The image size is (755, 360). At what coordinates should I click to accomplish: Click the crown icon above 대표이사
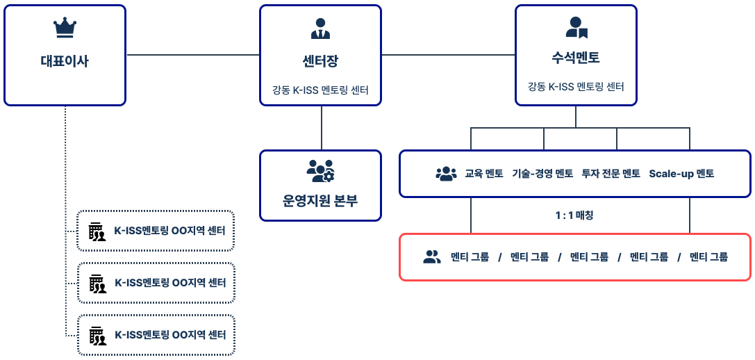coord(65,28)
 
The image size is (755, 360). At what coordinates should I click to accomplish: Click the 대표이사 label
coord(65,61)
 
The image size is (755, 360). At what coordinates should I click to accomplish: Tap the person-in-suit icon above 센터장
coord(320,28)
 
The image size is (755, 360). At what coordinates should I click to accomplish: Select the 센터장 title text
coord(320,61)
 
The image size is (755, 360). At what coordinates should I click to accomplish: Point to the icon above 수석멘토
coord(576,28)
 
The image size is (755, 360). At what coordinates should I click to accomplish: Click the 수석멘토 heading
coord(576,57)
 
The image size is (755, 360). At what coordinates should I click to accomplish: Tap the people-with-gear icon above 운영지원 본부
coord(320,171)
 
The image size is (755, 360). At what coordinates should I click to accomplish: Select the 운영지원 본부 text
coord(320,202)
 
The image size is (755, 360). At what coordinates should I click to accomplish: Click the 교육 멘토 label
coord(484,174)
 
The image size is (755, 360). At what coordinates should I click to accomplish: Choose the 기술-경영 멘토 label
coord(542,174)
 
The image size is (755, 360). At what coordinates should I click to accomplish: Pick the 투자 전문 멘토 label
coord(611,174)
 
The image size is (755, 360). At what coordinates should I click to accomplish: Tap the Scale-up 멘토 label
coord(681,174)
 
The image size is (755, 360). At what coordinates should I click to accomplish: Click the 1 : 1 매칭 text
coord(574,215)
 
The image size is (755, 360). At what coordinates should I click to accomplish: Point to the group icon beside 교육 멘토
coord(445,174)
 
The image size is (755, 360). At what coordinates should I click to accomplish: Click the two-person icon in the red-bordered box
coord(432,257)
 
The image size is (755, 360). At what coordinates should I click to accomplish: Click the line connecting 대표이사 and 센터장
coord(192,55)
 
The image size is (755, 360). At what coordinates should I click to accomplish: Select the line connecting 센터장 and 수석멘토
coord(448,55)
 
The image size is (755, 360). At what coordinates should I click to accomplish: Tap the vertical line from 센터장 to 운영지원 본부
coord(321,127)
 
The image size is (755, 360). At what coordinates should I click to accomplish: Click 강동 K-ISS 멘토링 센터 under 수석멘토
coord(576,87)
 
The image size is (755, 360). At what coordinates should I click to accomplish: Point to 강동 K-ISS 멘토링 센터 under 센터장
coord(320,90)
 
